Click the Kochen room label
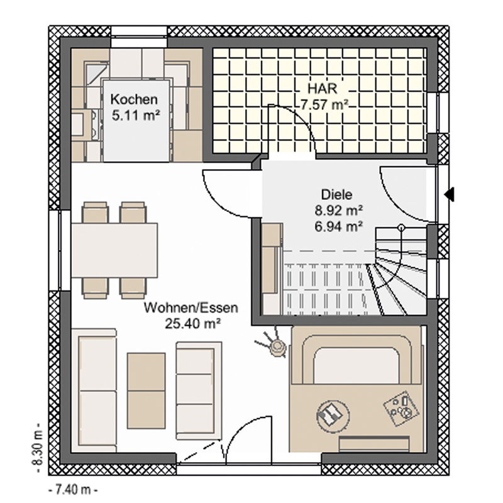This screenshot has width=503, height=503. point(134,99)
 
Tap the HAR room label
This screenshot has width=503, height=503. point(322,89)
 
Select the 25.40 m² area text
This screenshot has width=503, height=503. point(192,324)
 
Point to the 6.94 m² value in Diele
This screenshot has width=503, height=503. point(339,226)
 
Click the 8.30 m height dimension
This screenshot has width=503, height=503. point(38,448)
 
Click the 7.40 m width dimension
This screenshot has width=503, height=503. point(74,490)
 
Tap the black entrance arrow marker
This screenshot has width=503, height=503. point(449,194)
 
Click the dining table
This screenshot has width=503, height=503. point(114,250)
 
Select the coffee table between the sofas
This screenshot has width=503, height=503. point(146,390)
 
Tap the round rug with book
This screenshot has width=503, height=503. point(333,414)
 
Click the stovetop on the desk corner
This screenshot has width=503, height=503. point(401,408)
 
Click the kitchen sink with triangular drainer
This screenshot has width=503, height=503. point(97,71)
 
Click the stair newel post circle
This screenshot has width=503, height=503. point(401,228)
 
